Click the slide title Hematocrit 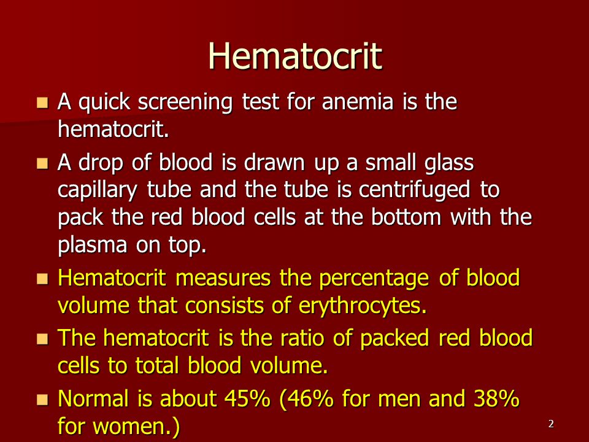click(295, 56)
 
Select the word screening click(185, 103)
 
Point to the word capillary click(98, 190)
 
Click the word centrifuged click(414, 190)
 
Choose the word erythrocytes click(363, 306)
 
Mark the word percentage click(374, 279)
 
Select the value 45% click(247, 398)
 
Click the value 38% click(496, 398)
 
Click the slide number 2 click(551, 424)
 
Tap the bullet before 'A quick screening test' click(42, 103)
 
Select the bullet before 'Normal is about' click(42, 400)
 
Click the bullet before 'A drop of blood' click(42, 163)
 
